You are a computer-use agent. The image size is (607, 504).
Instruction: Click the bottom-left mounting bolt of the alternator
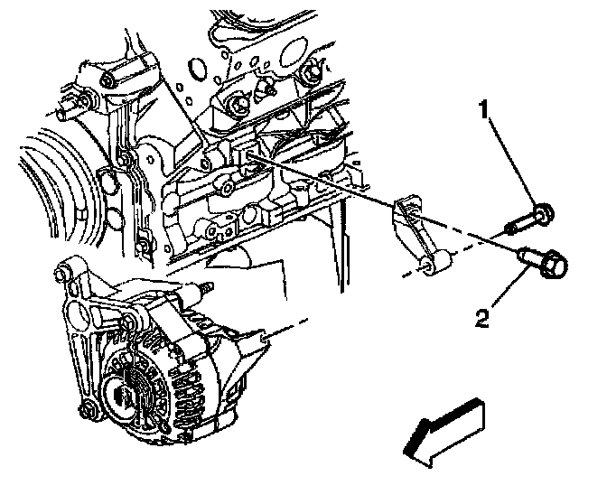coord(87,413)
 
